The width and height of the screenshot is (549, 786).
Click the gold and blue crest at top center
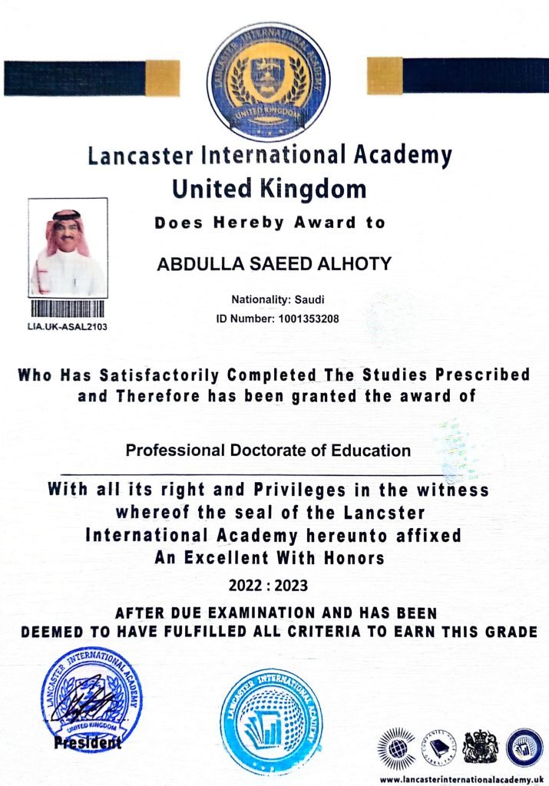267,82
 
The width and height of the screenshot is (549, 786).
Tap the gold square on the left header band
162,78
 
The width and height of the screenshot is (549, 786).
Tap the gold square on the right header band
385,76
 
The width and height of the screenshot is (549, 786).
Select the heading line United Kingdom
269,188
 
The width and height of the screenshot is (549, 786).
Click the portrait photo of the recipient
68,247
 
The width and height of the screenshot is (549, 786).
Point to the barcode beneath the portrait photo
68,310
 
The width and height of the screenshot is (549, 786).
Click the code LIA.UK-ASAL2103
68,325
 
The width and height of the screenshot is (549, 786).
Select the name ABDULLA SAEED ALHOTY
274,265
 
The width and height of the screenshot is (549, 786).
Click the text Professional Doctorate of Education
268,451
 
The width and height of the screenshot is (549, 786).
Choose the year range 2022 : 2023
268,586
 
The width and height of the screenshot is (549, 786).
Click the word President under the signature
88,743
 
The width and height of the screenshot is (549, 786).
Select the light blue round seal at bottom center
271,722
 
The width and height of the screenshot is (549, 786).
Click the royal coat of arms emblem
481,747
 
